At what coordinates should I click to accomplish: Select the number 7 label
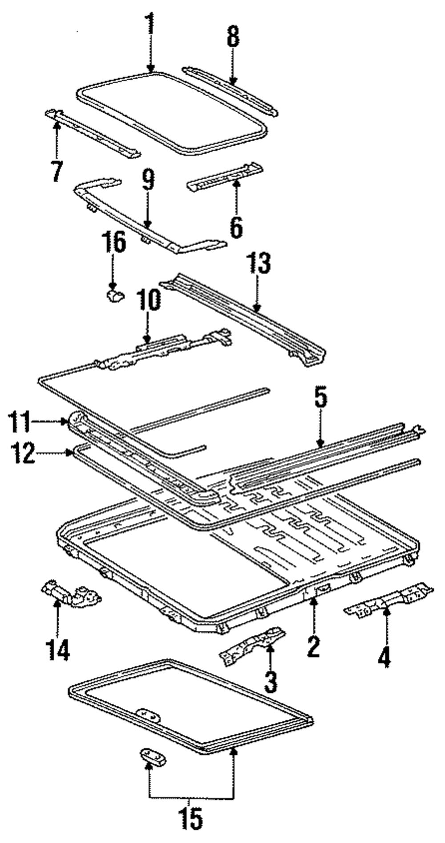pyautogui.click(x=57, y=170)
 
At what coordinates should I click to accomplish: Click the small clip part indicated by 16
pyautogui.click(x=115, y=294)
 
